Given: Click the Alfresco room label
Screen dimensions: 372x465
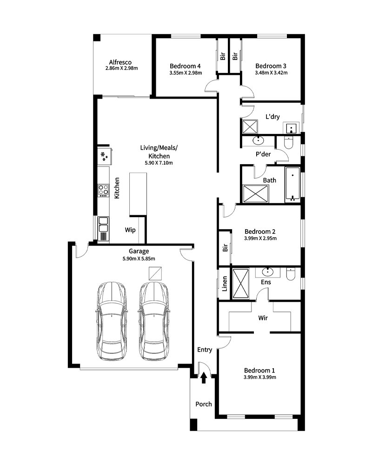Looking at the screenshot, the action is click(120, 62).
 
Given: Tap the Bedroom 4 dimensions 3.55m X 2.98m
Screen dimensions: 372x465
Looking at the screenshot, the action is click(186, 73).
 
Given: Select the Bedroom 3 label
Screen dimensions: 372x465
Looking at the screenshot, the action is click(271, 66).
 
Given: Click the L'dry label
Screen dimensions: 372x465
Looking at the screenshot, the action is click(272, 117).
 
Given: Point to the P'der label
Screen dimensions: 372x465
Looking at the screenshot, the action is click(263, 154).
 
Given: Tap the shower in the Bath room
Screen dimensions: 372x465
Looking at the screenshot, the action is click(256, 194).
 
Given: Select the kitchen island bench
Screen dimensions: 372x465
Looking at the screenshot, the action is click(138, 194).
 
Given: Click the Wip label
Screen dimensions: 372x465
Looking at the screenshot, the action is click(130, 230).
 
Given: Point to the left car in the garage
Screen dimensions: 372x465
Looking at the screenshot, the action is click(112, 321).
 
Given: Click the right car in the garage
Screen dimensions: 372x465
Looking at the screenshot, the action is click(153, 321).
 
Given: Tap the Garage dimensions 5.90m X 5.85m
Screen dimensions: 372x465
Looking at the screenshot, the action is click(139, 259).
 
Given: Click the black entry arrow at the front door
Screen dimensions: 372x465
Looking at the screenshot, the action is click(204, 378).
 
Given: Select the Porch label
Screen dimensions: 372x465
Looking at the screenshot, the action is click(204, 404).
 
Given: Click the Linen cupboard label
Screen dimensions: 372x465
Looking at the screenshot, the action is click(225, 284).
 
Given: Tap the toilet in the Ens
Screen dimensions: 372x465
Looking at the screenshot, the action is click(291, 274).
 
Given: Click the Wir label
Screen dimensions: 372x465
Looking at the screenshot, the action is click(263, 318).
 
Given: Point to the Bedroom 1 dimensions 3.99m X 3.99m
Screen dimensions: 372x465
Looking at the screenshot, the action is click(260, 377).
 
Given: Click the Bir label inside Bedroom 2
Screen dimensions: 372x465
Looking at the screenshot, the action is click(225, 248).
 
